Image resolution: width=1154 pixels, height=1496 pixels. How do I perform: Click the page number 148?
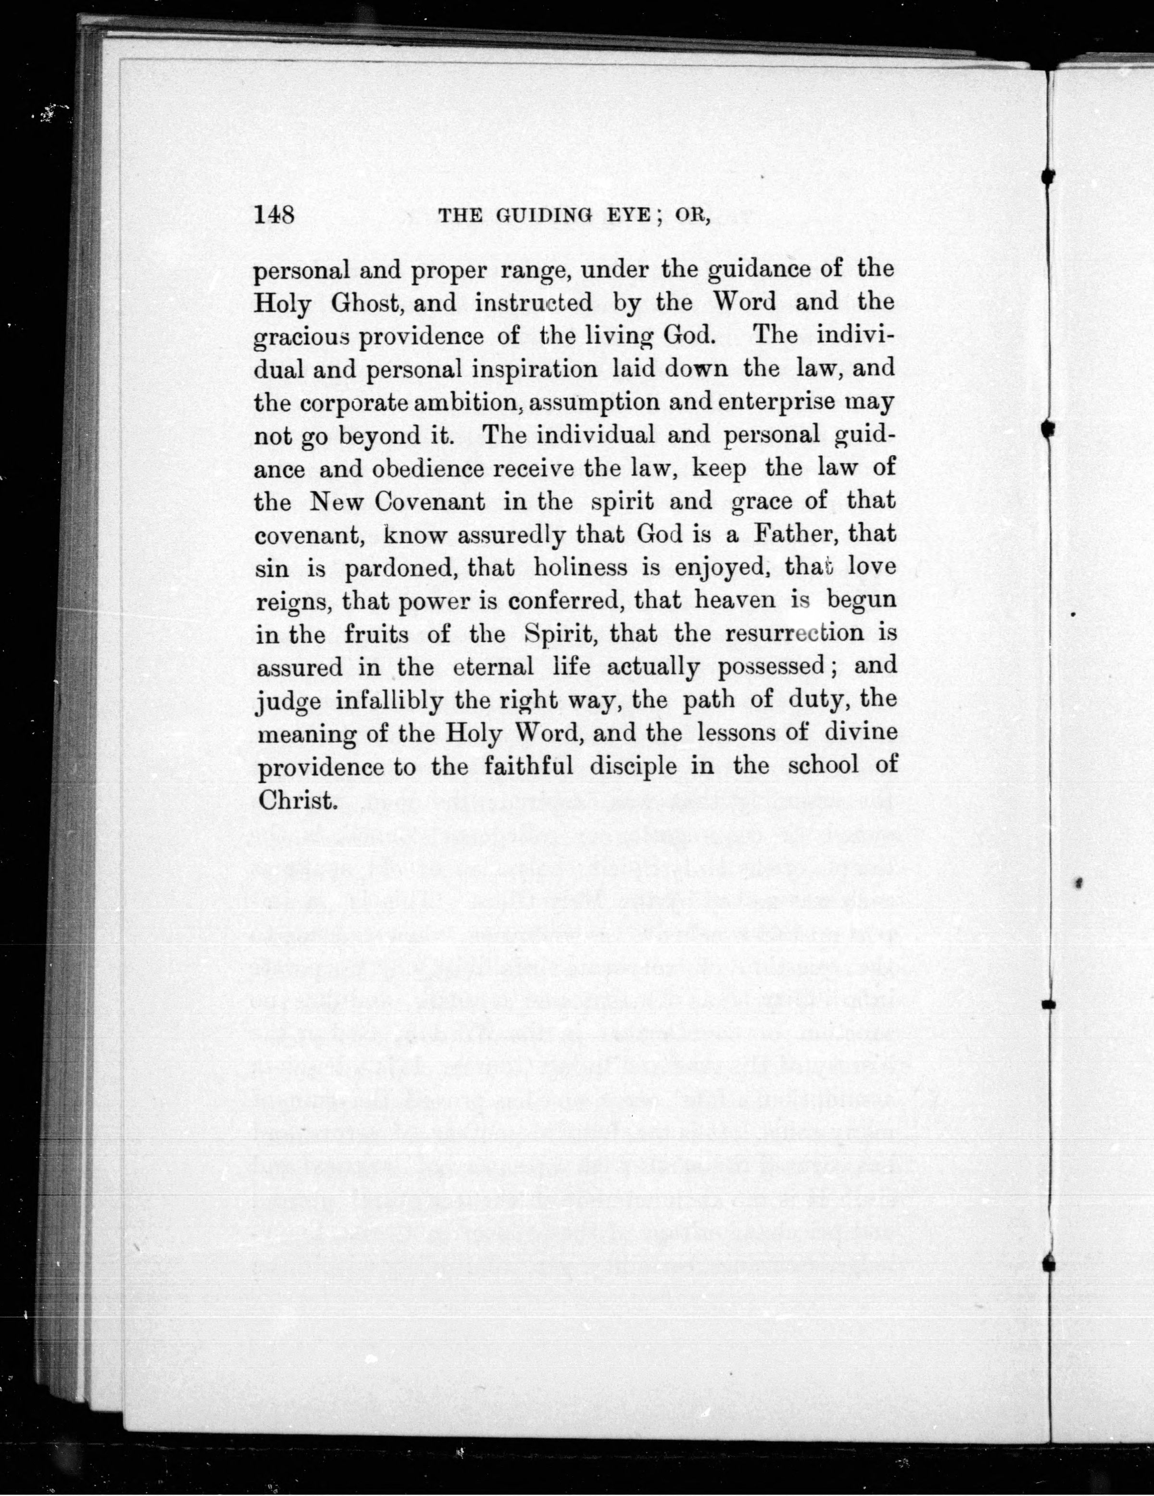(x=274, y=215)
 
